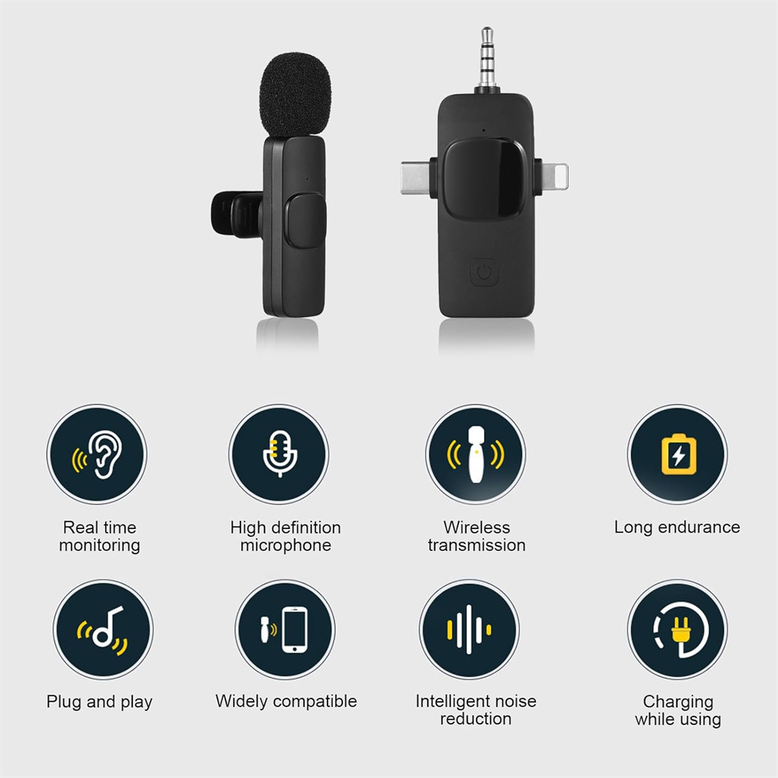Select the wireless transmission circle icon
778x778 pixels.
(475, 454)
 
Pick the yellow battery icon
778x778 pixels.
(678, 454)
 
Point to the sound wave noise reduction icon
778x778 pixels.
(468, 629)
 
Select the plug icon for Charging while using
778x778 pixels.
(678, 629)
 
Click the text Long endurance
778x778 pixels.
(677, 527)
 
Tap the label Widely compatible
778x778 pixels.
(286, 702)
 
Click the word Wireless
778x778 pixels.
(477, 528)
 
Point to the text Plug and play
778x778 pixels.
(99, 703)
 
